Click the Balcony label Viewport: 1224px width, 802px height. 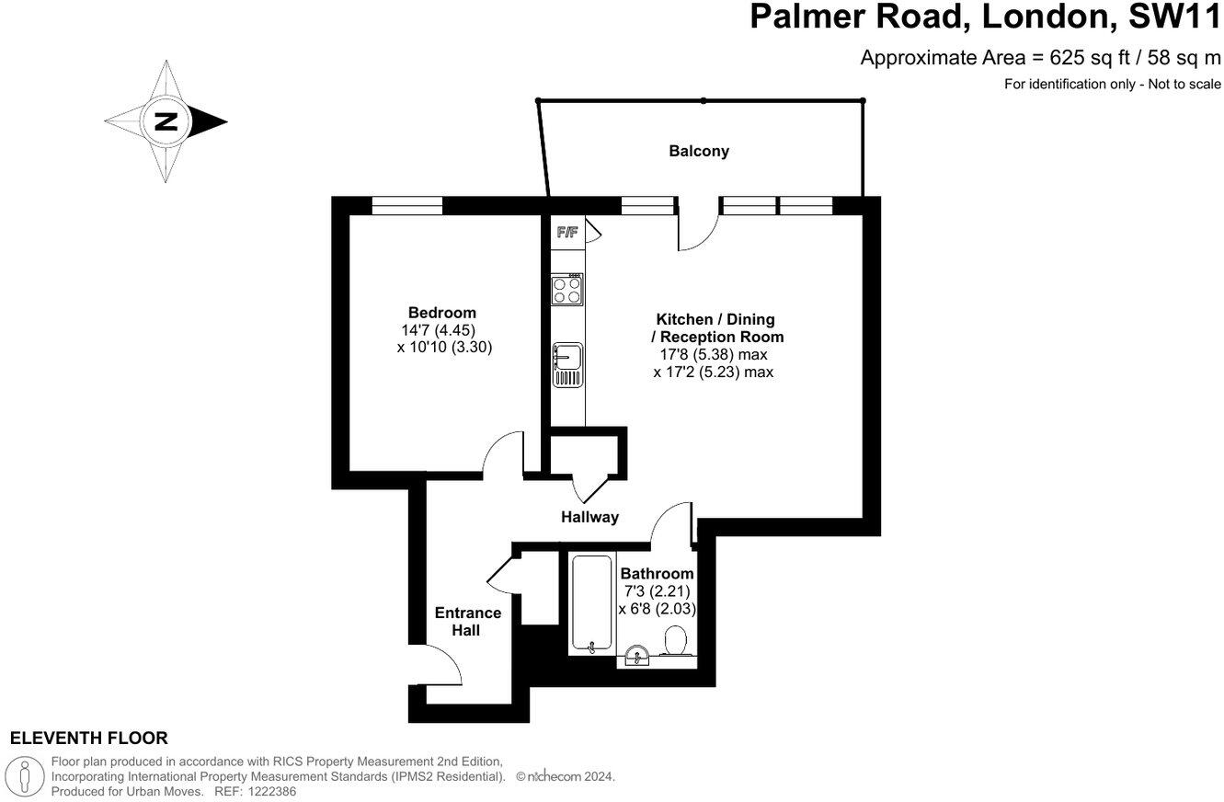click(x=699, y=151)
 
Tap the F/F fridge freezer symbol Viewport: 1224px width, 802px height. click(x=567, y=232)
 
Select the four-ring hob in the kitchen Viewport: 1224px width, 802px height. click(x=567, y=290)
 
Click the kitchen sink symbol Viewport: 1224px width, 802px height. click(x=567, y=364)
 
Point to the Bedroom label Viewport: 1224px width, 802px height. click(x=442, y=313)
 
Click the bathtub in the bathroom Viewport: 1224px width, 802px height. click(x=590, y=604)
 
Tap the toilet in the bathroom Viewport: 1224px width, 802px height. click(x=676, y=640)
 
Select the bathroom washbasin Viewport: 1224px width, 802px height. click(x=636, y=656)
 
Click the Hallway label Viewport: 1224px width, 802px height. click(x=589, y=517)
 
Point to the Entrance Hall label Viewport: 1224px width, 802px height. click(x=468, y=622)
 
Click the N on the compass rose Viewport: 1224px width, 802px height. click(x=166, y=120)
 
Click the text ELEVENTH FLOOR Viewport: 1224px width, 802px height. click(x=88, y=738)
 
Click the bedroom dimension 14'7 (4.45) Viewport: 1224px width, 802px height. click(x=438, y=330)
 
